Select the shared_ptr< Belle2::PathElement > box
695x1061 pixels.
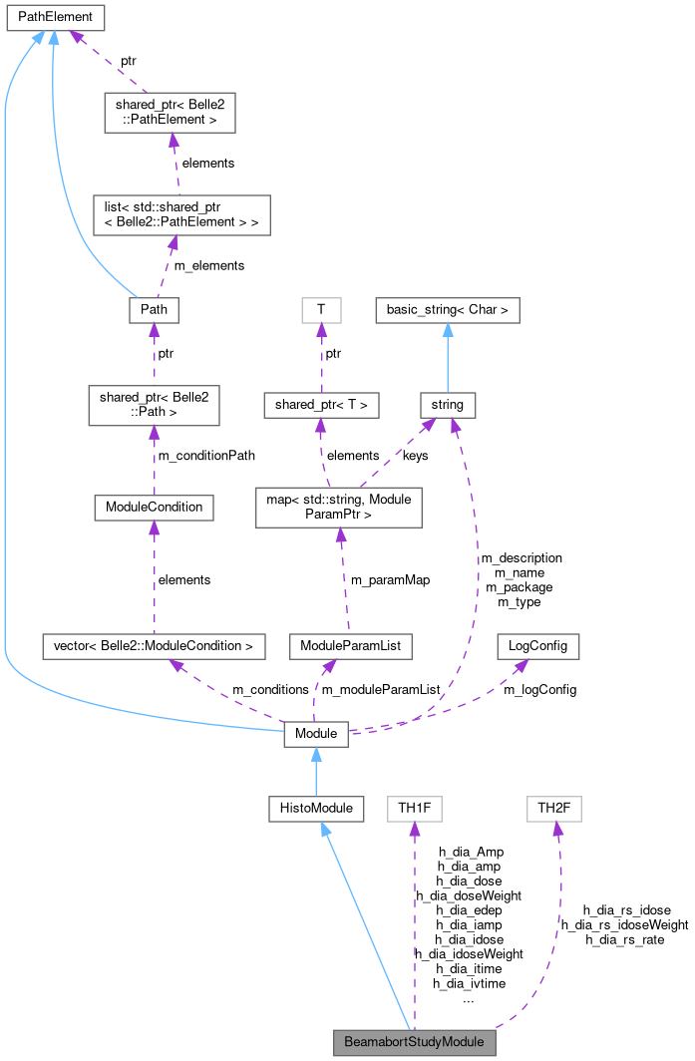coord(170,113)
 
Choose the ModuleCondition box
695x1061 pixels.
coord(154,507)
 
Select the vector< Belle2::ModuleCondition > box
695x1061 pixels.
coord(154,645)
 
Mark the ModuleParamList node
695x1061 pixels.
coord(350,645)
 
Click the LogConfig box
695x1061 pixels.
coord(537,645)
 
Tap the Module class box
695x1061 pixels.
coord(316,734)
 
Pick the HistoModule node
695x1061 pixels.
coord(315,808)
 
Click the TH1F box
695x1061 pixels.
coord(414,808)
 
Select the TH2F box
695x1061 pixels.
coord(553,808)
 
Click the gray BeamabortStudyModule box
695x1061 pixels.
coord(414,1042)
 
